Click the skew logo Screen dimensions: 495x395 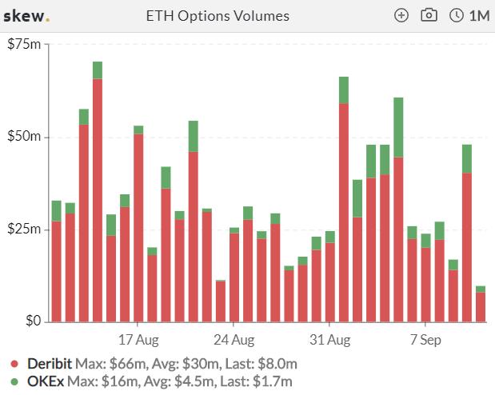click(26, 16)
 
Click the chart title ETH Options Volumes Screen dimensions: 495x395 click(218, 16)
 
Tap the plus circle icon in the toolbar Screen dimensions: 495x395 click(401, 15)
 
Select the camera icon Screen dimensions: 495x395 click(429, 15)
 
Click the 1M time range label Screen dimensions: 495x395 click(479, 16)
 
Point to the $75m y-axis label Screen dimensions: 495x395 click(24, 44)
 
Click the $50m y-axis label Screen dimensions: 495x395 click(24, 136)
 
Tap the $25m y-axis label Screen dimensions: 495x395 click(24, 229)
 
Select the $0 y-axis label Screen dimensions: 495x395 click(33, 321)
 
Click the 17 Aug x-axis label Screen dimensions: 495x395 click(138, 340)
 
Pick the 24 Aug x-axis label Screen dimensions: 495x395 click(234, 340)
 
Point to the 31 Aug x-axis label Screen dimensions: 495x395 click(330, 340)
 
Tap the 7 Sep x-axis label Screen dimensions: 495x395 click(425, 340)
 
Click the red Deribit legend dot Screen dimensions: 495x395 click(14, 364)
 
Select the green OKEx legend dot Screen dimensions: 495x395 click(14, 381)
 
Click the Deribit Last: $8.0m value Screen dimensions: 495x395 click(261, 364)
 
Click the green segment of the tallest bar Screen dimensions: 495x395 click(98, 70)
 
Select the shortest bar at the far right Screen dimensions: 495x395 click(481, 304)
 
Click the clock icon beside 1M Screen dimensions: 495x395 click(456, 15)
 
